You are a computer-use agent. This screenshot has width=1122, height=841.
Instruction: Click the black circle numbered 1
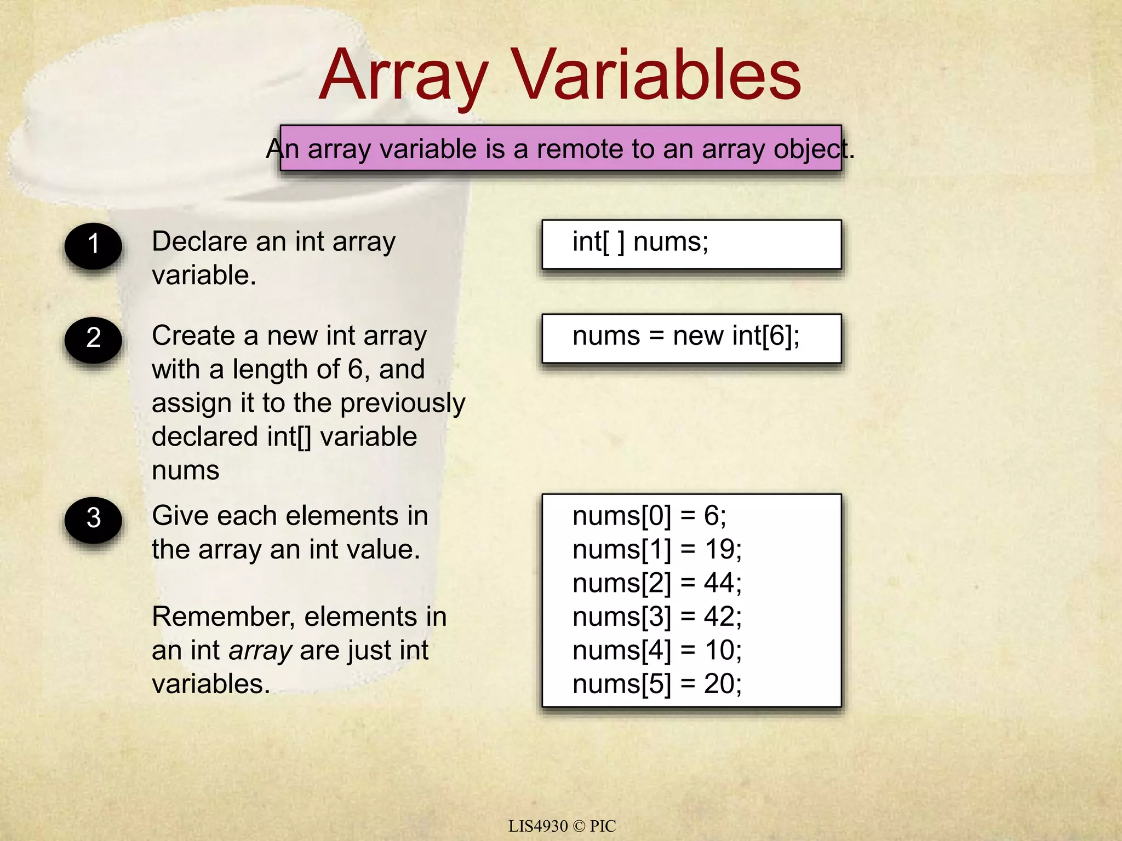tap(93, 245)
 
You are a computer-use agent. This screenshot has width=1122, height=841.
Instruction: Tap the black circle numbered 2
tap(93, 339)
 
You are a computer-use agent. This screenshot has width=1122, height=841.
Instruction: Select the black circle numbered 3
tap(93, 519)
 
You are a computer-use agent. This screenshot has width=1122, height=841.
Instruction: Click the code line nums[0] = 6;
tap(649, 516)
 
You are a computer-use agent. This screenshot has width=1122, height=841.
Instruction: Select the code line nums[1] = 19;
tap(657, 549)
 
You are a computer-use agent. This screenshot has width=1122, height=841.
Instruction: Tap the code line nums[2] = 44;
tap(657, 583)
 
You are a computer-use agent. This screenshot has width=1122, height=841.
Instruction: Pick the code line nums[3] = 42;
tap(657, 617)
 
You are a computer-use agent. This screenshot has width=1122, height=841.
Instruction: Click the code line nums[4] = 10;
tap(657, 650)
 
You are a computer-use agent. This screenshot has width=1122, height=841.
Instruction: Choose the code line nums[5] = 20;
tap(657, 684)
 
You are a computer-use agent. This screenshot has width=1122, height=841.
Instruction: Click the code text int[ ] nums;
tap(640, 242)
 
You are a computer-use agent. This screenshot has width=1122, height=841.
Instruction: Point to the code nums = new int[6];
tap(686, 336)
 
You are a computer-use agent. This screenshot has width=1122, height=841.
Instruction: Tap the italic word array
tap(260, 651)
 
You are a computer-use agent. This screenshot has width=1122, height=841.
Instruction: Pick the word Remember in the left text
tap(224, 617)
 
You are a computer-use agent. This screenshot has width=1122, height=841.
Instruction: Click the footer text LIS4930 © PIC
tap(562, 826)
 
